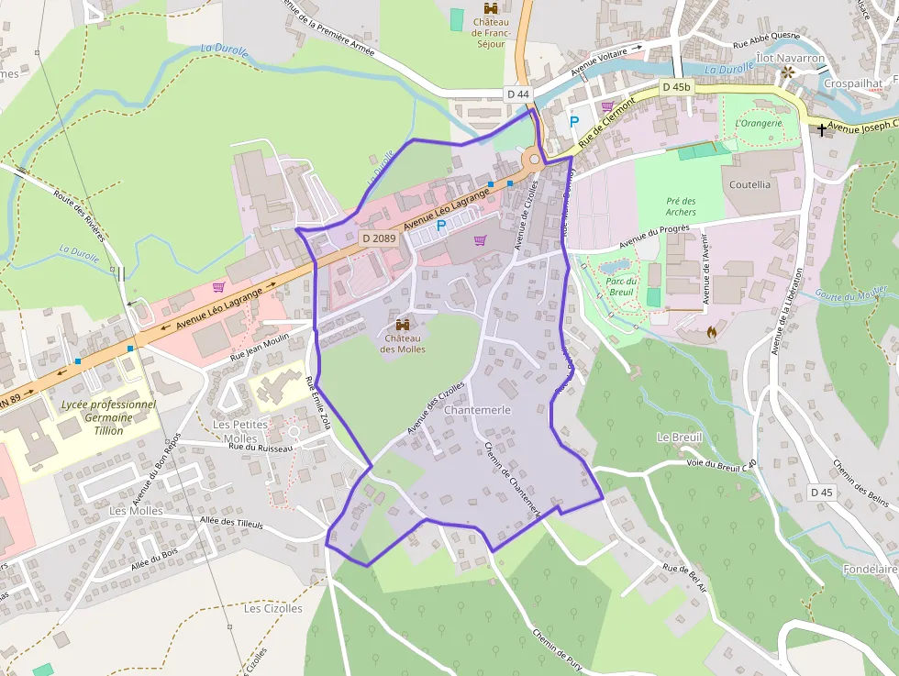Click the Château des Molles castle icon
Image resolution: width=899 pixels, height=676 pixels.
click(403, 325)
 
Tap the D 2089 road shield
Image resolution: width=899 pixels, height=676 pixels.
click(378, 238)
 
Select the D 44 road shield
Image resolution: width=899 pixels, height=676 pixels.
click(518, 94)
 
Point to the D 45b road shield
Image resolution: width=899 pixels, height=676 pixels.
click(675, 87)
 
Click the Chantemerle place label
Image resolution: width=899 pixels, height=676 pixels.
click(477, 410)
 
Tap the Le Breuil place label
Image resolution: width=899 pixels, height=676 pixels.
click(679, 438)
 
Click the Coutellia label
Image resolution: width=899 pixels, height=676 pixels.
click(749, 184)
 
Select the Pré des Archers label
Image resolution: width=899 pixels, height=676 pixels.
click(681, 206)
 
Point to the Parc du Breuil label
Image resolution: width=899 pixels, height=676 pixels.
click(622, 286)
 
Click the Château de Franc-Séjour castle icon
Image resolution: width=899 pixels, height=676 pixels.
click(491, 8)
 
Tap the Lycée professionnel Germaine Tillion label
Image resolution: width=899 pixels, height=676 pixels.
click(108, 417)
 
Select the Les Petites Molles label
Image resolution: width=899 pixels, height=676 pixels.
click(239, 431)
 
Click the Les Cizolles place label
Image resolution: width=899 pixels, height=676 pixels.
click(272, 608)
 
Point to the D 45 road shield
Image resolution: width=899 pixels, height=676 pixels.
click(822, 493)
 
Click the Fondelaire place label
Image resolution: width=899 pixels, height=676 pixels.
click(870, 570)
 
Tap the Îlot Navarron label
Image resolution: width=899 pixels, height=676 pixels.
click(790, 58)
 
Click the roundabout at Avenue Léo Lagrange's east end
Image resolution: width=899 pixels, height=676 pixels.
click(534, 160)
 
